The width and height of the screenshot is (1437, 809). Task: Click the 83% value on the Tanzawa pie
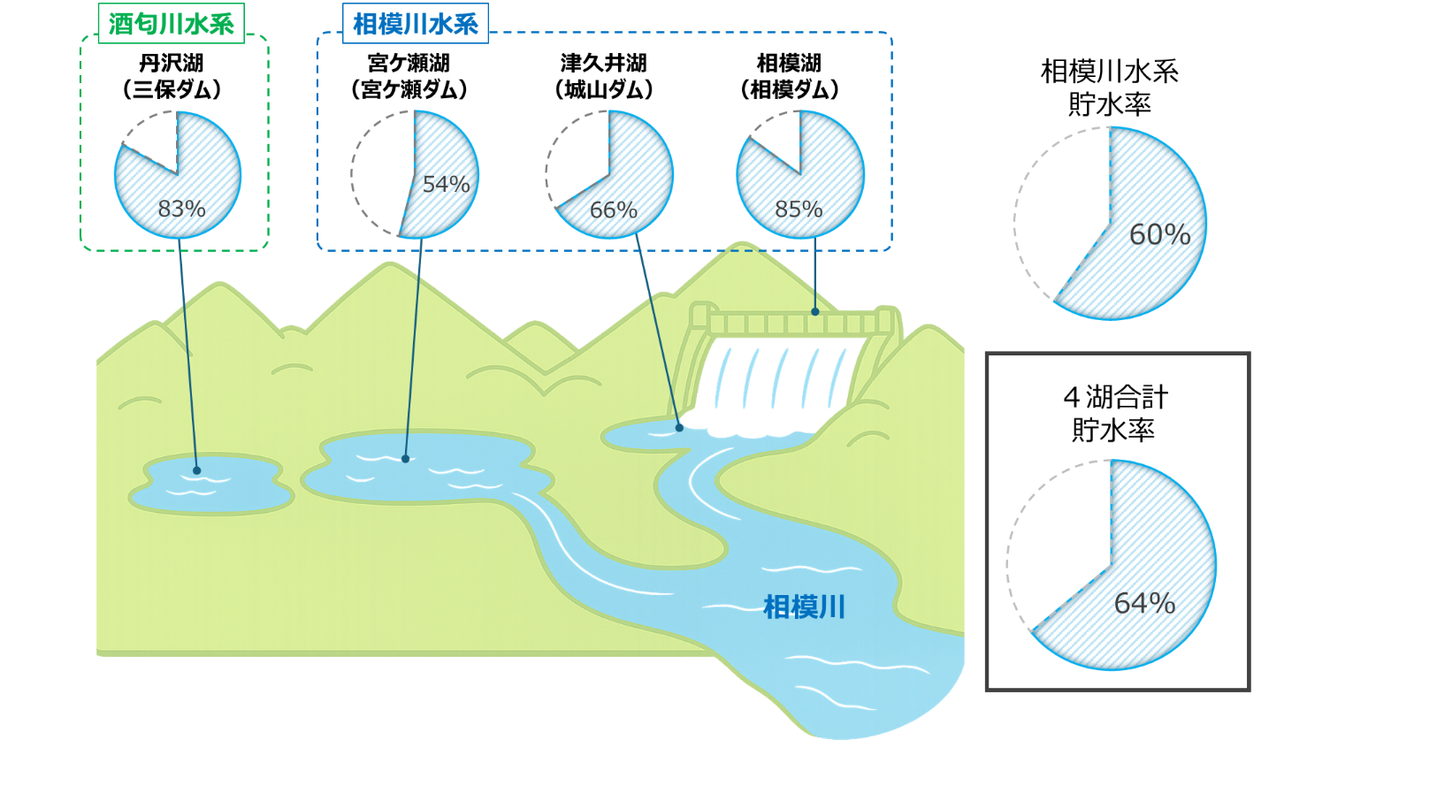tap(181, 209)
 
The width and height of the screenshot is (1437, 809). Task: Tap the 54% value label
tap(447, 184)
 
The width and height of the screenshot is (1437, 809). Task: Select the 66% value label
tap(614, 210)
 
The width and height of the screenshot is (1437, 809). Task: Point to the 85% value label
tap(799, 210)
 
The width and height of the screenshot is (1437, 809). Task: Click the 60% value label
tap(1160, 235)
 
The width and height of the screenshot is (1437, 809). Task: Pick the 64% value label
tap(1144, 603)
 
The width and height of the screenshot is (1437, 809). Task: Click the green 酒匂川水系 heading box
tap(172, 24)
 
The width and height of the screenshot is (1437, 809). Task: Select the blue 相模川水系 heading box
tap(416, 24)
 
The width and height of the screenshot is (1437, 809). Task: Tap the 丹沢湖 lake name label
tap(172, 63)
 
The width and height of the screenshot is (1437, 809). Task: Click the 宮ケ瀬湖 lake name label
tap(409, 63)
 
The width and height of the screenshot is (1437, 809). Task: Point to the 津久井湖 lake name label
tap(604, 63)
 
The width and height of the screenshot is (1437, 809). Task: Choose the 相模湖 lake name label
tap(789, 63)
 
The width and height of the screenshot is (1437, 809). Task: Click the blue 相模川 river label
tap(804, 607)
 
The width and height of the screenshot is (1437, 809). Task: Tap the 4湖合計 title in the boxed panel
tap(1116, 398)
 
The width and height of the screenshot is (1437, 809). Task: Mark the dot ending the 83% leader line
tap(197, 471)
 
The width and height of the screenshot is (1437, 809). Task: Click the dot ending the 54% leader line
tap(405, 459)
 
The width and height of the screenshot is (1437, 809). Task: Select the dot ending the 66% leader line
tap(679, 427)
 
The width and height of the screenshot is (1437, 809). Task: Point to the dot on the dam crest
tap(814, 312)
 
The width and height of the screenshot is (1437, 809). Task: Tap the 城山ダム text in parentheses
tap(604, 90)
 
